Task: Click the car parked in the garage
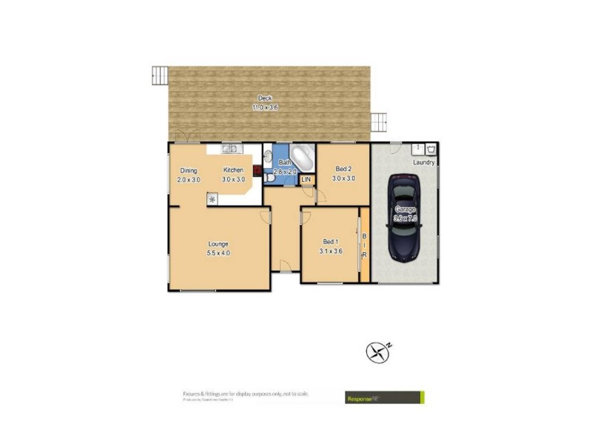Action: (x=405, y=218)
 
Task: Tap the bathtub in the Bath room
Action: (x=303, y=158)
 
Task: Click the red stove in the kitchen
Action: (x=257, y=171)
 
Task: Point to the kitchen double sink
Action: (x=229, y=149)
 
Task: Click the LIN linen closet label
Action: (x=306, y=180)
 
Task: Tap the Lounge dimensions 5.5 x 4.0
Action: (x=218, y=253)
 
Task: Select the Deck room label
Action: (x=263, y=98)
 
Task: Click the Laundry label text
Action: (x=424, y=162)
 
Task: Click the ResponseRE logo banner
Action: (x=385, y=398)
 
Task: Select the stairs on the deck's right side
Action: (x=380, y=119)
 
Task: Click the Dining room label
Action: (x=188, y=170)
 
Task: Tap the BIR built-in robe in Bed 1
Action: (x=364, y=246)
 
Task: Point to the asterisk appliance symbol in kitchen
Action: (x=212, y=199)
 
